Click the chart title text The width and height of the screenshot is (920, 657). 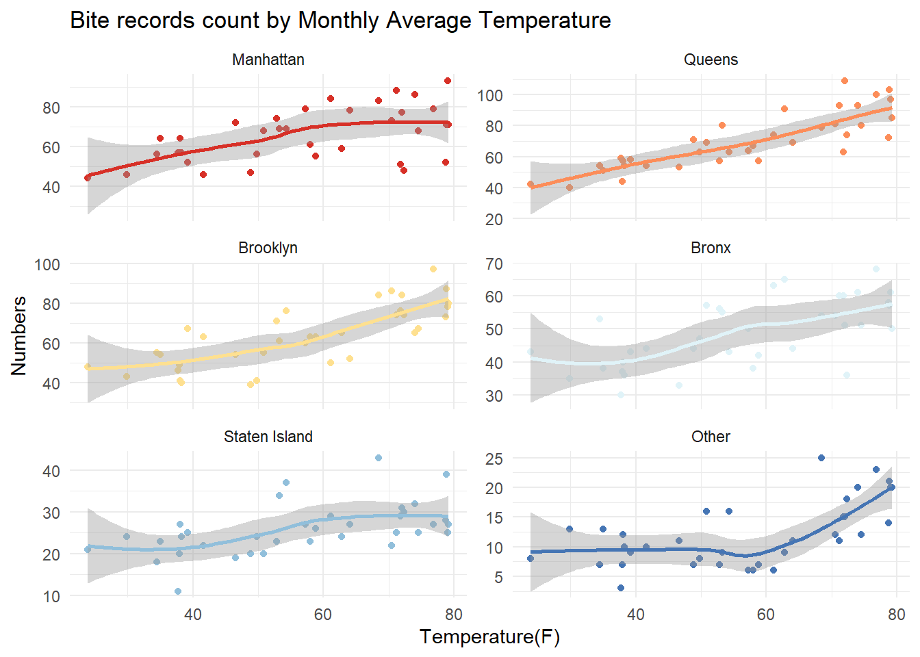tap(340, 21)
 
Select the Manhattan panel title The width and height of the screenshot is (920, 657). tap(268, 60)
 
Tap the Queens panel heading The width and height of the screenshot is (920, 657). tap(711, 60)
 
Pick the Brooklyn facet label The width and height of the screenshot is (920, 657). tap(268, 248)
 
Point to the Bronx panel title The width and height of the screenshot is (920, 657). tap(711, 248)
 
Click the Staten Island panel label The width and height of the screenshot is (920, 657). tap(268, 437)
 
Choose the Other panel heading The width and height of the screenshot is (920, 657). tap(711, 437)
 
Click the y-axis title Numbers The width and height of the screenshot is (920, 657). tap(19, 335)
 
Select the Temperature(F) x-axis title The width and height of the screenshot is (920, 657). tap(489, 637)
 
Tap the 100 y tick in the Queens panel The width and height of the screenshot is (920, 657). tap(490, 95)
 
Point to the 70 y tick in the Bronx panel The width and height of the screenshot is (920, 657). tap(494, 263)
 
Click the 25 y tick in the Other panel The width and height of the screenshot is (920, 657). tap(494, 459)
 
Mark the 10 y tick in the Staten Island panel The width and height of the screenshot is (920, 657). tap(51, 596)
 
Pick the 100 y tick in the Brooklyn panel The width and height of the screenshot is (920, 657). tap(47, 264)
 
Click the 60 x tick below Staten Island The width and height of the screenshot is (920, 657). tap(323, 615)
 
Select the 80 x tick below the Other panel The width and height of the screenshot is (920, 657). tap(897, 615)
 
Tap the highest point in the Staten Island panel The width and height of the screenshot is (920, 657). tap(379, 458)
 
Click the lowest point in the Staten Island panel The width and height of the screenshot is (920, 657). tap(178, 591)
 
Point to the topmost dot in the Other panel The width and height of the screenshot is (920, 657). tap(821, 458)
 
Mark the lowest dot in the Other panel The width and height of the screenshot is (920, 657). tap(621, 588)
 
